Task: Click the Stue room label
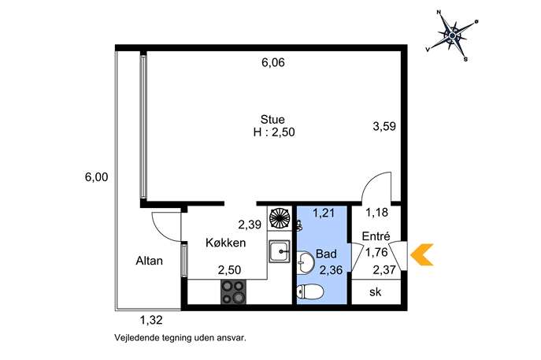(272, 120)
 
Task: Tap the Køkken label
(226, 243)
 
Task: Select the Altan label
(149, 261)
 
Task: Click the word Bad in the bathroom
(326, 254)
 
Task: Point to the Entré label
(376, 236)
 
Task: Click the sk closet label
(376, 292)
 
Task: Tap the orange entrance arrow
(421, 254)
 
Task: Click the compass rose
(452, 35)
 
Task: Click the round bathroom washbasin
(305, 262)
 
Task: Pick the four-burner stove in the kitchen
(234, 292)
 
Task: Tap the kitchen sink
(280, 252)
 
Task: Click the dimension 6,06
(273, 62)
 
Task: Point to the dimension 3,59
(384, 126)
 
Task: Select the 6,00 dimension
(97, 177)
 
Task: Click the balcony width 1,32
(151, 321)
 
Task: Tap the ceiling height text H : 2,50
(274, 132)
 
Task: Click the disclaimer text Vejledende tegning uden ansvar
(180, 338)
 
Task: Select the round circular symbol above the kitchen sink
(280, 217)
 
